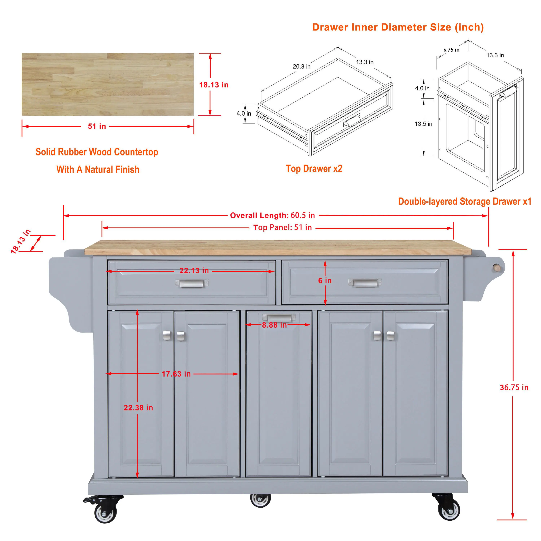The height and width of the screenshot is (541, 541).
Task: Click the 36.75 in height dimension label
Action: pos(514,388)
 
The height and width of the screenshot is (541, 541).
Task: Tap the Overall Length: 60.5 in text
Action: pos(272,215)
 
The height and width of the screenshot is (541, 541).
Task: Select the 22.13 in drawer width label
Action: pos(194,270)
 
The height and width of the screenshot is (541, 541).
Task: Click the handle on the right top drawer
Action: pos(365,283)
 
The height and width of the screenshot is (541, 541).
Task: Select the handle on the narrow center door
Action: pos(279,318)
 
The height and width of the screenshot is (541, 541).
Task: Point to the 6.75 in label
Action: pos(451,50)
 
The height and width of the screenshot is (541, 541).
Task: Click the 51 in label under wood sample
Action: pos(97,126)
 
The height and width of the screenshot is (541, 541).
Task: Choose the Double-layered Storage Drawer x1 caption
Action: pos(464,201)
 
